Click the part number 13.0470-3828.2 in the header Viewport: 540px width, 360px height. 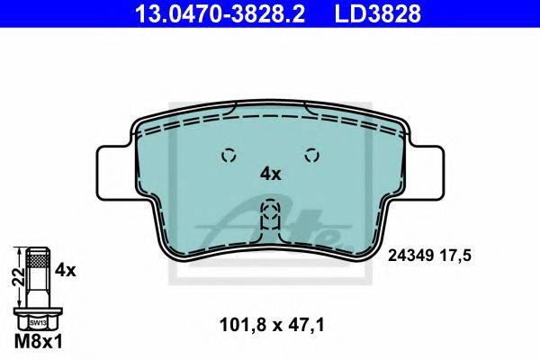coord(220,13)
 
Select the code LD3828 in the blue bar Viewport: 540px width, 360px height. coord(378,13)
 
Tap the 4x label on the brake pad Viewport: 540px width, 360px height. coord(270,175)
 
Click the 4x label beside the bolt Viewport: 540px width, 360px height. coord(66,270)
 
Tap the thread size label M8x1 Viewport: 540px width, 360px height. coord(39,342)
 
